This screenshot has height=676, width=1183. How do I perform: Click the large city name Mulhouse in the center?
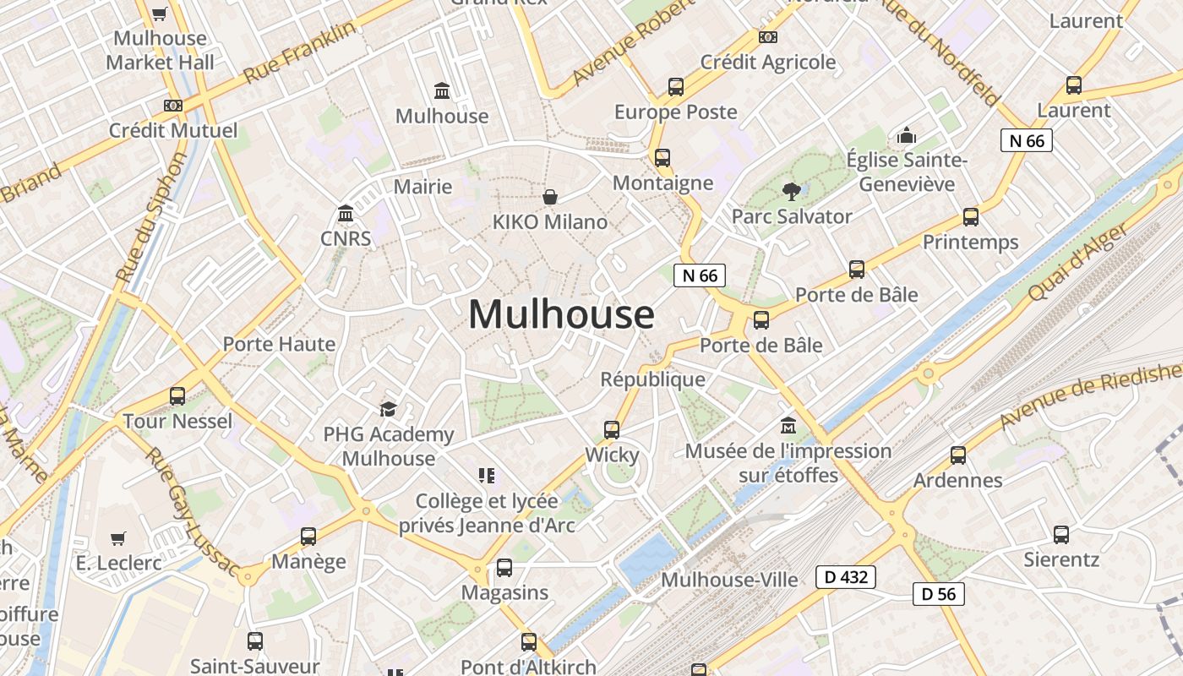561,314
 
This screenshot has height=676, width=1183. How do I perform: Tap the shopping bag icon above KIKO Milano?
550,197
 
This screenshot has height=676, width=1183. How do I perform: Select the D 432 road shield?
845,577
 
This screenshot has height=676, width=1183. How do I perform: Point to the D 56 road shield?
939,593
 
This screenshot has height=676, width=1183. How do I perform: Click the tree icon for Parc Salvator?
791,192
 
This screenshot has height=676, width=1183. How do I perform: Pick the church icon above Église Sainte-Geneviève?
907,135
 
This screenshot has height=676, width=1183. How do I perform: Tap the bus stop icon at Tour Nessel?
177,396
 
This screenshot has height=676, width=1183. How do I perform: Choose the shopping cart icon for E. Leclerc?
118,538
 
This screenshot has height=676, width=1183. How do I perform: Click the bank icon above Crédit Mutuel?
173,106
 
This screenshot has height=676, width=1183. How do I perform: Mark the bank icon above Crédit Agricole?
768,37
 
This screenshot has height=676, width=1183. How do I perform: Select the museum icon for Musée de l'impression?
788,425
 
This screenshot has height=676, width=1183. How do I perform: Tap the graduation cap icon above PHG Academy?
388,410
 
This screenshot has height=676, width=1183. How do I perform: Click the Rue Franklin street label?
299,52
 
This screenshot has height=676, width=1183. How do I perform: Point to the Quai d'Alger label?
1077,263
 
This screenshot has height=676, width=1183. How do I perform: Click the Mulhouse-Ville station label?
729,580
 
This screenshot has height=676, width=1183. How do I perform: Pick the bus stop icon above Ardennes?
958,455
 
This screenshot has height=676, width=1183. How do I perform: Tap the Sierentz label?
1061,559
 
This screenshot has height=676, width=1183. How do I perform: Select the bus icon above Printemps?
971,217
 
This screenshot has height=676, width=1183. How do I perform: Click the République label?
652,379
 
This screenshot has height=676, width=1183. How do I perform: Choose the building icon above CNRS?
346,214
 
